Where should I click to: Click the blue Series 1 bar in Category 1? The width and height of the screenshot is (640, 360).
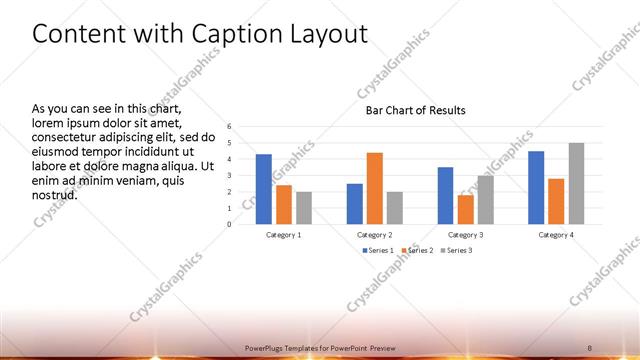pos(263,189)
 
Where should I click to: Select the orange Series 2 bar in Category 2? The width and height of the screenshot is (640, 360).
pos(374,188)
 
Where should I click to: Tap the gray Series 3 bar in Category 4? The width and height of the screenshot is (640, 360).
pos(576,183)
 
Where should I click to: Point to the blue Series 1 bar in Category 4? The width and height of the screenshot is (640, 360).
pos(536,187)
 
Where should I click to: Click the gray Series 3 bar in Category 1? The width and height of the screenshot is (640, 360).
pos(304,208)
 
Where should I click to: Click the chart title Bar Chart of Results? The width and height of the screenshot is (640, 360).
pos(416,110)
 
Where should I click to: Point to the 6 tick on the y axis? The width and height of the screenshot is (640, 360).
pos(229,127)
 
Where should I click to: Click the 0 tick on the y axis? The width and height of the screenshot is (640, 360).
pos(229,224)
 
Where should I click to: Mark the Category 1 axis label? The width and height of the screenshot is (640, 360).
pos(284,234)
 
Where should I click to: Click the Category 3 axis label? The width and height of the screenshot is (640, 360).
pos(465,234)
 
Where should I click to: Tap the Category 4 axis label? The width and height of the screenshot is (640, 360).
pos(556,234)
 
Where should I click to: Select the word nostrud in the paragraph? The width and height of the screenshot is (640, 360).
pos(54,194)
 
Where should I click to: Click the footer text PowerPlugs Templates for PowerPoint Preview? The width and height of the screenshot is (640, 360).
pos(320,347)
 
